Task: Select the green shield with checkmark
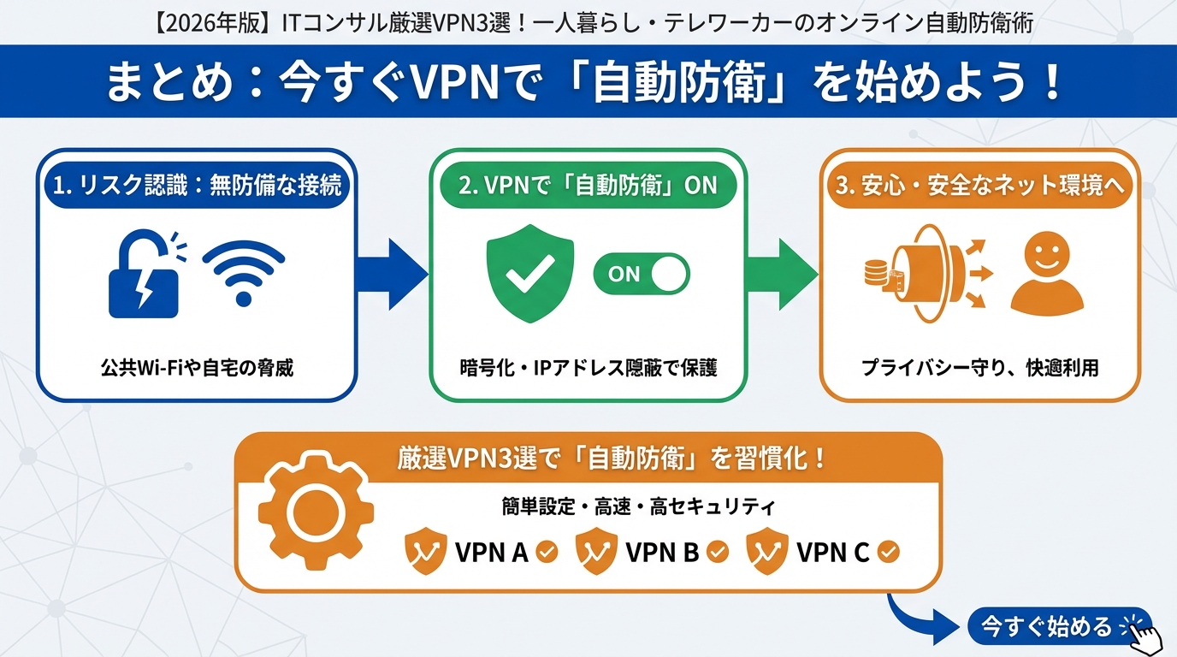coord(530,273)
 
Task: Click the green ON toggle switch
coord(642,274)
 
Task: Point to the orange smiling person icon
coord(1046,272)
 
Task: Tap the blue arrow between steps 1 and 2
coord(391,274)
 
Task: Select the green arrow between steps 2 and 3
coord(783,274)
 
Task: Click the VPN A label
coord(491,553)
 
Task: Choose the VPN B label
coord(663,553)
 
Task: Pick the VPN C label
coord(832,553)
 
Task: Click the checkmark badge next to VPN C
coord(889,552)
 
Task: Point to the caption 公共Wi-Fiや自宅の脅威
coord(197,369)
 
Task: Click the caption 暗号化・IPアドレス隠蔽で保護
coord(588,369)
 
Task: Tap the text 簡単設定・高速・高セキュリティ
coord(639,507)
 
